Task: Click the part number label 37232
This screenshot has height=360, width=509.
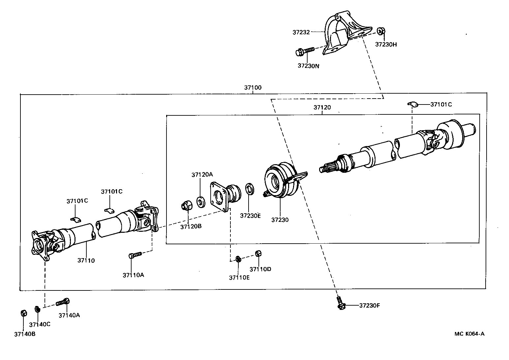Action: click(x=301, y=32)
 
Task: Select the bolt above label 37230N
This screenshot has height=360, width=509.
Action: click(x=305, y=51)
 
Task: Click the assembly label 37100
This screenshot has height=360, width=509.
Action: click(x=253, y=87)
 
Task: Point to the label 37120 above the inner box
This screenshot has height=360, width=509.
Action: click(x=322, y=107)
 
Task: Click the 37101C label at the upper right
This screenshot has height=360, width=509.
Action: click(x=441, y=105)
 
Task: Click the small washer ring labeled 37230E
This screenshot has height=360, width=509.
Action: click(x=250, y=190)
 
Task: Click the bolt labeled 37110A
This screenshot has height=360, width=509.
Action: click(x=135, y=255)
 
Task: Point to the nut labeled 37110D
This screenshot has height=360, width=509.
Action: click(x=258, y=253)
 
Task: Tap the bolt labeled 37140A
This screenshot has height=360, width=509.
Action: click(x=63, y=301)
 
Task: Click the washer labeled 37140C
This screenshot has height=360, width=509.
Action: click(x=38, y=310)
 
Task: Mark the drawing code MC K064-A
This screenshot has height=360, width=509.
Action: click(x=469, y=333)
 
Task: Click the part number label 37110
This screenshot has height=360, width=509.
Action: click(x=86, y=260)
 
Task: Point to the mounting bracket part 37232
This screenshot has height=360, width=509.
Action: click(x=343, y=33)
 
